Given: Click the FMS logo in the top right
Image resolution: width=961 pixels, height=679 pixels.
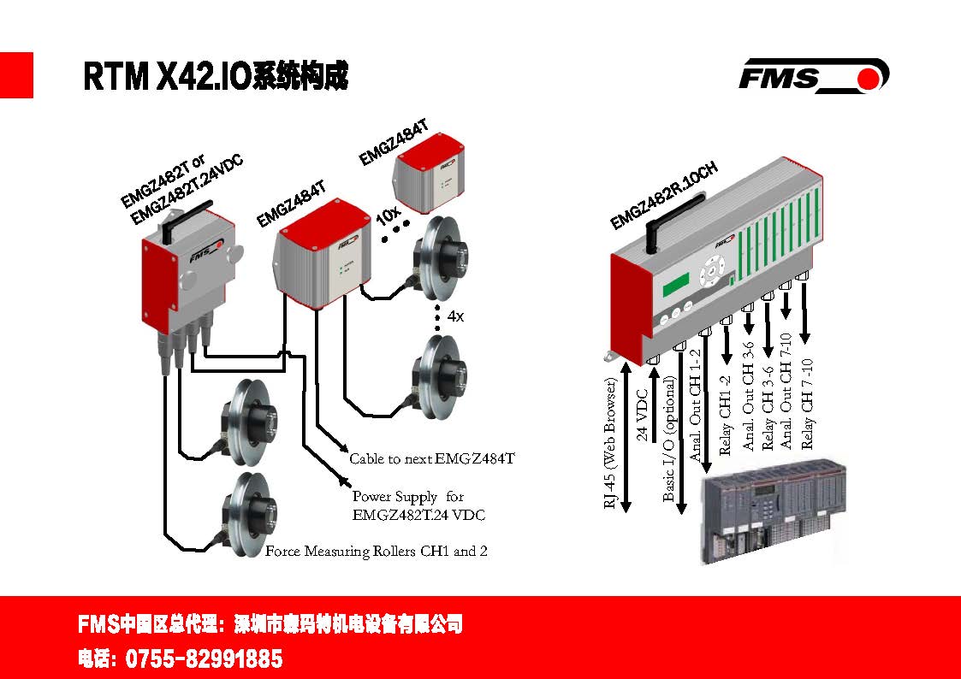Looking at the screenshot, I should tap(813, 75).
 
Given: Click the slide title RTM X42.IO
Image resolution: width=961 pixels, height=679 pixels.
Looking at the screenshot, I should tap(216, 77).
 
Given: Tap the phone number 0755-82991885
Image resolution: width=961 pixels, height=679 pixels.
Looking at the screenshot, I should tap(204, 659).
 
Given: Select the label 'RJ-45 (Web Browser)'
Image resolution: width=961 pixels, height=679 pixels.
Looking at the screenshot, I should tap(611, 444).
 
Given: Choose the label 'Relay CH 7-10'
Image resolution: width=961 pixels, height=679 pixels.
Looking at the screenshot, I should tap(807, 404).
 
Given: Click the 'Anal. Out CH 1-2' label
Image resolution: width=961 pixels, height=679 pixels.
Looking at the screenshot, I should tap(695, 404).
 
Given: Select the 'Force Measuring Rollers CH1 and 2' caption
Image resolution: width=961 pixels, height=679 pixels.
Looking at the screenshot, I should tap(376, 552).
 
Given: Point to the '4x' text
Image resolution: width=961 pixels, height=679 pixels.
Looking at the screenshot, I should tap(455, 316).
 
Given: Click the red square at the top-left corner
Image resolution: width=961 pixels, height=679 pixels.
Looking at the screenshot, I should tap(16, 75).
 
